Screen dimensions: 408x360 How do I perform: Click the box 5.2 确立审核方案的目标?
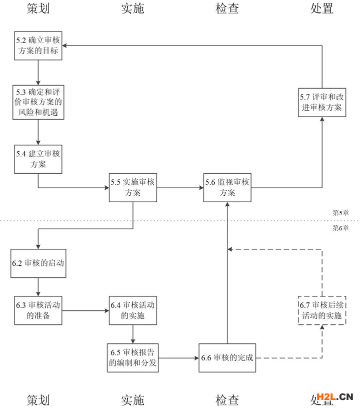click(38, 46)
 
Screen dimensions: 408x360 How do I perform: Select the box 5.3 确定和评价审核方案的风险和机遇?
click(38, 102)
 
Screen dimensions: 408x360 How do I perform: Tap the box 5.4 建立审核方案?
click(38, 159)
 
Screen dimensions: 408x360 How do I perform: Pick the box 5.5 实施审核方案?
click(132, 188)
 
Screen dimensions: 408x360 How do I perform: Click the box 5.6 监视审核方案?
click(227, 188)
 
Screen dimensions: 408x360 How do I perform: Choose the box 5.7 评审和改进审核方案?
click(321, 102)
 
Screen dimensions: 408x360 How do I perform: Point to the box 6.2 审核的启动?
click(38, 263)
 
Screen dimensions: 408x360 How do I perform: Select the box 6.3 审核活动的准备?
click(38, 310)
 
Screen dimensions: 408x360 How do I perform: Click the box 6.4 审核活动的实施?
click(132, 310)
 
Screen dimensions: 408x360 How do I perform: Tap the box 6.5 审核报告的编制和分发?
click(132, 357)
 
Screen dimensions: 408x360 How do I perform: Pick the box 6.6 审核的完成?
click(227, 357)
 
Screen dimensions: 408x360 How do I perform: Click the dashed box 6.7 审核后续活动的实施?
click(321, 310)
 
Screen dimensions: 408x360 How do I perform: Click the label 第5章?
click(341, 212)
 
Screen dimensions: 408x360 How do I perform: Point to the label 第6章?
click(341, 228)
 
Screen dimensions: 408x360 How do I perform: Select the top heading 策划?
click(38, 9)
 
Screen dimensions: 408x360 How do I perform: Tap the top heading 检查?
click(227, 9)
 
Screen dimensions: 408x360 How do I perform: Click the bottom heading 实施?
click(132, 399)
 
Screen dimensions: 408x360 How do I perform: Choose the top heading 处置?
click(321, 9)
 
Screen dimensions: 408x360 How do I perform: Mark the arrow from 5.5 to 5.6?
click(179, 188)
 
